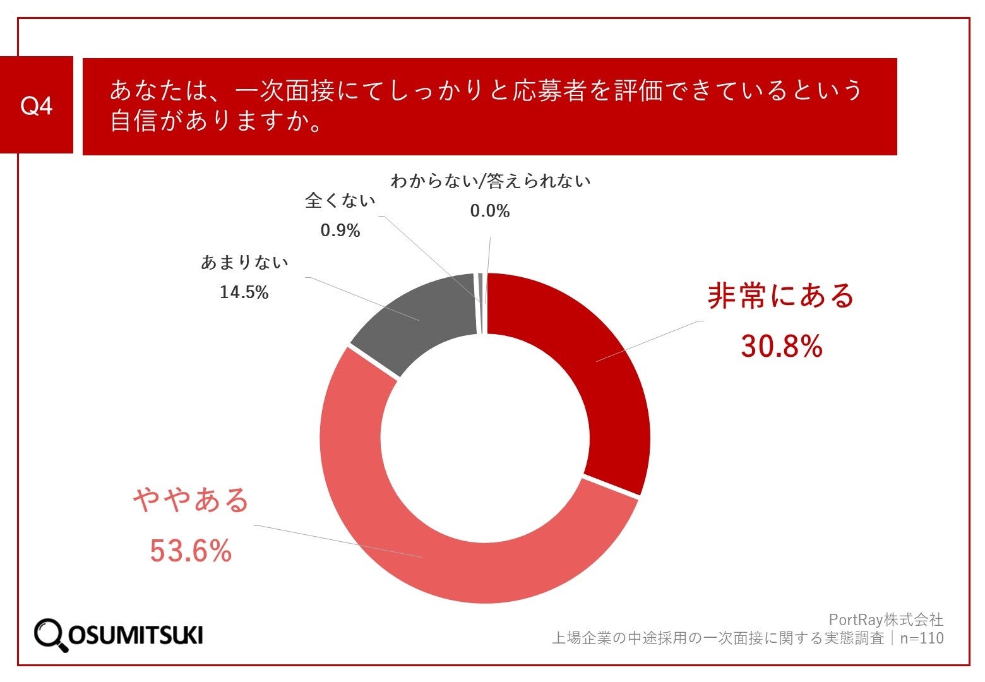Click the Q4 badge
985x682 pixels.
pos(37,105)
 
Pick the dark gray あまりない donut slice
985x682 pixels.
pos(417,322)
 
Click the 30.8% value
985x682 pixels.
pos(782,346)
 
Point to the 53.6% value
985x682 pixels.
pos(191,551)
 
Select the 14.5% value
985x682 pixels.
pos(244,292)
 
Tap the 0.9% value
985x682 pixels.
pos(340,230)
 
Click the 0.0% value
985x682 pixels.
pos(490,211)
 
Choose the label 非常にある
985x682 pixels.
pos(780,296)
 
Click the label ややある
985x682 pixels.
pos(191,500)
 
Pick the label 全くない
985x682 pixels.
pos(340,201)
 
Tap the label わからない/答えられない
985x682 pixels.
pos(491,181)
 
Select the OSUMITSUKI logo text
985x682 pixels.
pos(135,635)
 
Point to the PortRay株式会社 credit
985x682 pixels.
pos(886,619)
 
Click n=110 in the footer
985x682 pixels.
pos(921,638)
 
